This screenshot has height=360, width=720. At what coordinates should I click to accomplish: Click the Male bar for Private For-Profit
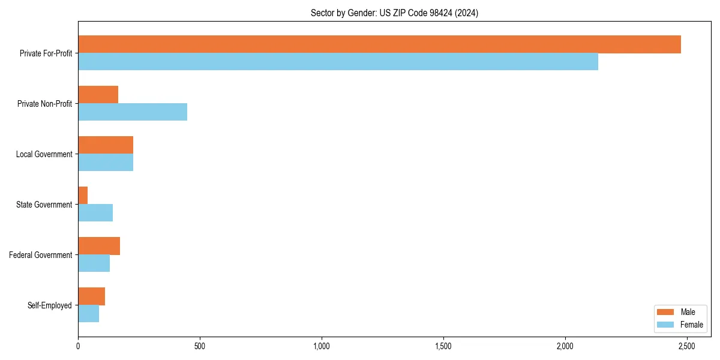[379, 44]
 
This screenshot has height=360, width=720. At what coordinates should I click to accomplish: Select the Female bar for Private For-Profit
[338, 62]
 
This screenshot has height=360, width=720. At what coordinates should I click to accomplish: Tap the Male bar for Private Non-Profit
[98, 95]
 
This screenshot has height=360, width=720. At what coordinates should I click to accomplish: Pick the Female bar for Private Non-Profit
[133, 112]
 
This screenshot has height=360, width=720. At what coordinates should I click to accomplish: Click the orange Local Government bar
[106, 145]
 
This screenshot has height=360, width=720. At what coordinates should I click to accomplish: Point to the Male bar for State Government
[83, 196]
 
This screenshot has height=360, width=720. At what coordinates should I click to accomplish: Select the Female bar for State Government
[95, 213]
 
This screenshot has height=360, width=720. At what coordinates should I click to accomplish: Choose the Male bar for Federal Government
[99, 246]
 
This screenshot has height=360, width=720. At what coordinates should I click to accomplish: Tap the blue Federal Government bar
[94, 263]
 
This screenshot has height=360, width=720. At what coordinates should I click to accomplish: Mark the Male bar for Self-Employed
[91, 296]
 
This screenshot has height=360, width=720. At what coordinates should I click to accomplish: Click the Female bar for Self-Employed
[88, 314]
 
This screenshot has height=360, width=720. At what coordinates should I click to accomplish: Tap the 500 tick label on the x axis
[200, 347]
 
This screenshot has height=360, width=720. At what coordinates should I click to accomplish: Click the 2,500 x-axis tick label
[686, 347]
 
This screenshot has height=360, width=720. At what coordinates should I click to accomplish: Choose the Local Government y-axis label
[44, 154]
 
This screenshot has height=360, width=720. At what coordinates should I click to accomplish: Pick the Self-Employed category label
[50, 305]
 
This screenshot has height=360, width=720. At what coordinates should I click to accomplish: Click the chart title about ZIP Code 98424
[394, 13]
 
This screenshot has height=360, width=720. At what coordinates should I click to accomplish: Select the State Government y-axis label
[44, 205]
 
